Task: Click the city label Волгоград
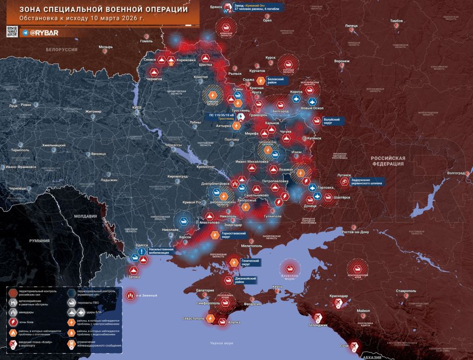pos(454,173)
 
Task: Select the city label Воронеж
pos(341,62)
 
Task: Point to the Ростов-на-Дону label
pos(348,232)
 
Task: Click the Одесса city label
pos(141,245)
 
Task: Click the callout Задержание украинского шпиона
pos(367,181)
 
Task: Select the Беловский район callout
pos(275,81)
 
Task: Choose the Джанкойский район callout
pos(245,280)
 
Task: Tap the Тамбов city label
pos(396,21)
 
